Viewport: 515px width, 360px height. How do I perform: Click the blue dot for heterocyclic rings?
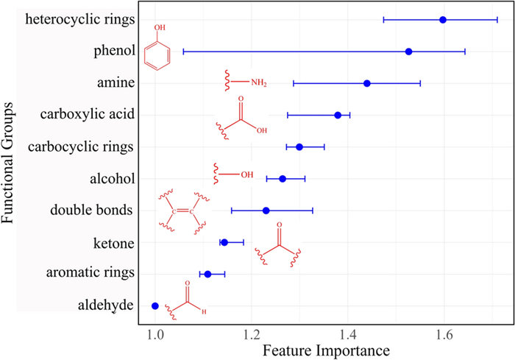[443, 19]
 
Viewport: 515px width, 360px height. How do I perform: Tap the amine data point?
[367, 83]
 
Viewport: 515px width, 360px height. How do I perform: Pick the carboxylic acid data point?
[338, 115]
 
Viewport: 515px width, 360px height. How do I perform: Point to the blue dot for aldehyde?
[154, 306]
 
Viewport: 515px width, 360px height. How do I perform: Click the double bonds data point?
[266, 211]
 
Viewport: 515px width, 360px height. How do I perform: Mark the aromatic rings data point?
[207, 274]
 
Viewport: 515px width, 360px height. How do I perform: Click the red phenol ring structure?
[157, 53]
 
